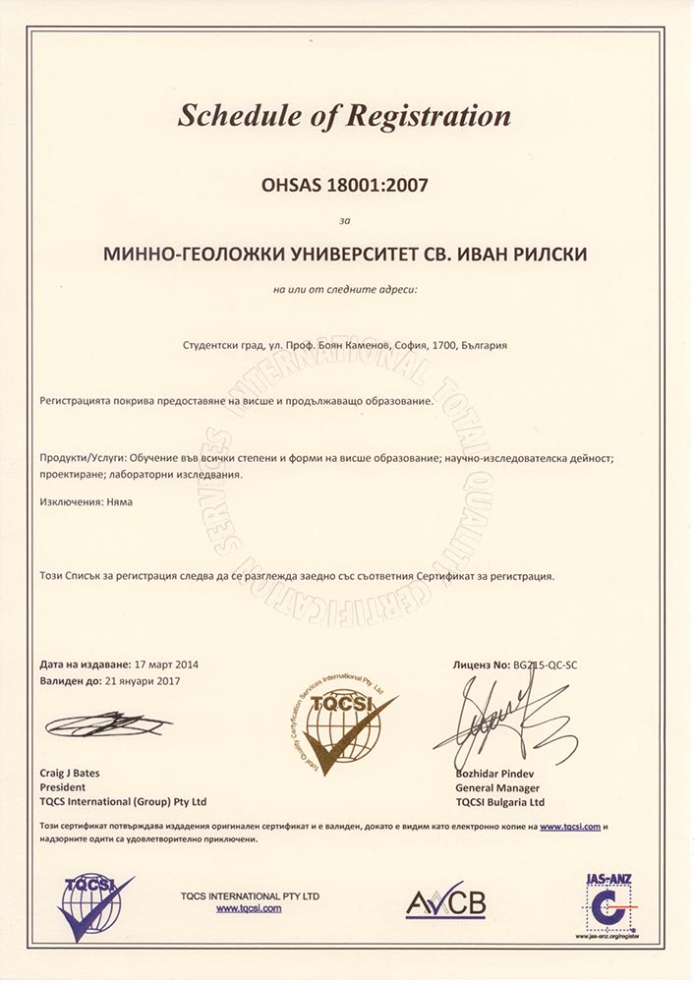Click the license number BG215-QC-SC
(x=546, y=665)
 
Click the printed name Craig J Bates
(x=70, y=773)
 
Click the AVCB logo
(x=446, y=900)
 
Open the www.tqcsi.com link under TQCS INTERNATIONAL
(x=249, y=909)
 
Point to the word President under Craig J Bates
(x=63, y=787)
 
